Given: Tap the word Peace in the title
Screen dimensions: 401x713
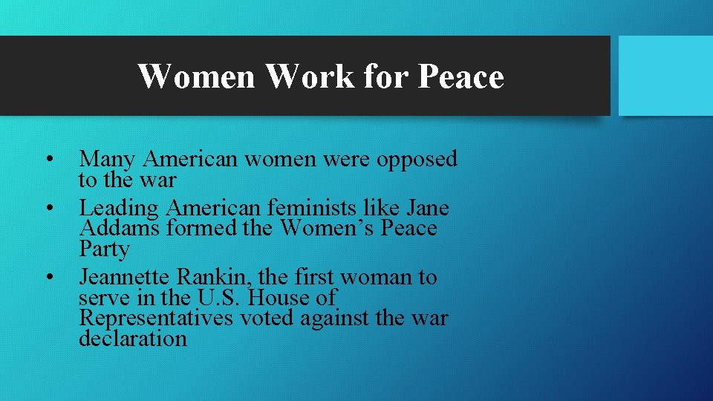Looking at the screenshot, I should (461, 76).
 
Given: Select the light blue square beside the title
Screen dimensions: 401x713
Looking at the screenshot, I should (665, 76).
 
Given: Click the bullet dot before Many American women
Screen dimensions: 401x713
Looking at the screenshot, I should (48, 160).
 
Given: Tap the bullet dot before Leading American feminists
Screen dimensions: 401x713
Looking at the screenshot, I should (48, 209).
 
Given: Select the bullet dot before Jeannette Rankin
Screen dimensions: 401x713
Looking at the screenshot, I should (48, 278).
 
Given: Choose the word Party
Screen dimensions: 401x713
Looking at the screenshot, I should (104, 249).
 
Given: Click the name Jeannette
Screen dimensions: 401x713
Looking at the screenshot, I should (126, 278).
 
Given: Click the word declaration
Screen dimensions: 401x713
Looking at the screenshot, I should (133, 339).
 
